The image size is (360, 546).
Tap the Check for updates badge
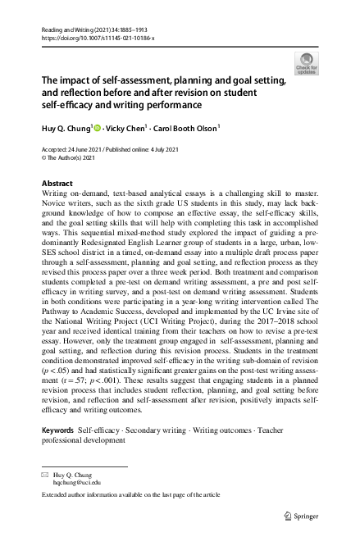click(307, 62)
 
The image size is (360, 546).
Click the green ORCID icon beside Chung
click(95, 128)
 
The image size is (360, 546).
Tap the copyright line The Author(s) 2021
click(74, 157)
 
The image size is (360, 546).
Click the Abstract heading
click(57, 183)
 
